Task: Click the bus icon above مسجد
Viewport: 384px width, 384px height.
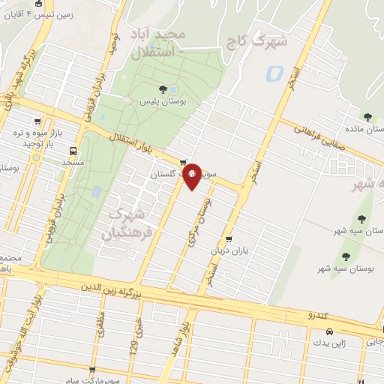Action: point(73,149)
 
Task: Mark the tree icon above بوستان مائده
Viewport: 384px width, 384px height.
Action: point(367,116)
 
